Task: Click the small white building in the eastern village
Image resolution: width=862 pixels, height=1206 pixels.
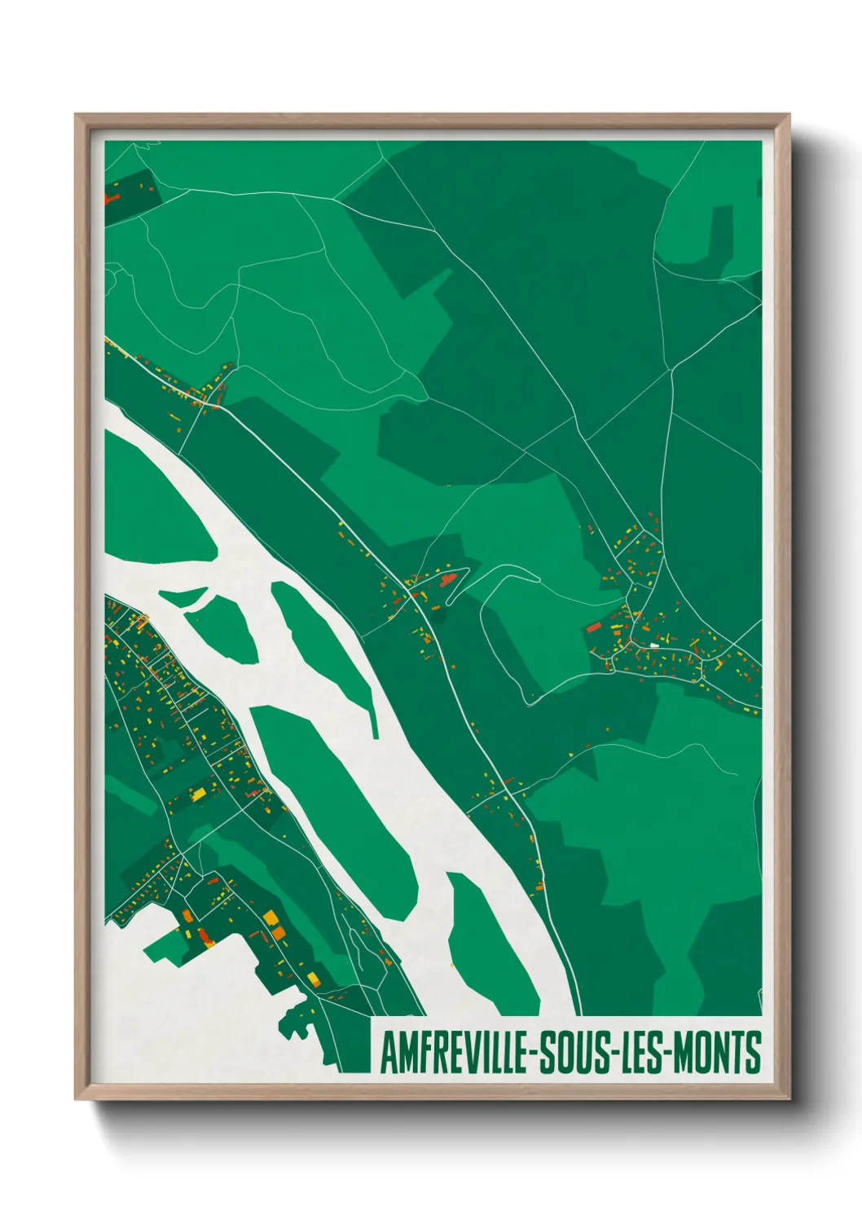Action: pos(653,645)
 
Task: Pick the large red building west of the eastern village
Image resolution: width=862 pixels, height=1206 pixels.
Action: pos(593,627)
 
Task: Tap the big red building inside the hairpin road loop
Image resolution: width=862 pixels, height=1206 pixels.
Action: pos(446,580)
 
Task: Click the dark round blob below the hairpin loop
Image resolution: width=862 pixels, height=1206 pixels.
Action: pos(440,618)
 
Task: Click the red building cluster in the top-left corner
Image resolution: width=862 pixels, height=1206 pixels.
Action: pos(112,196)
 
